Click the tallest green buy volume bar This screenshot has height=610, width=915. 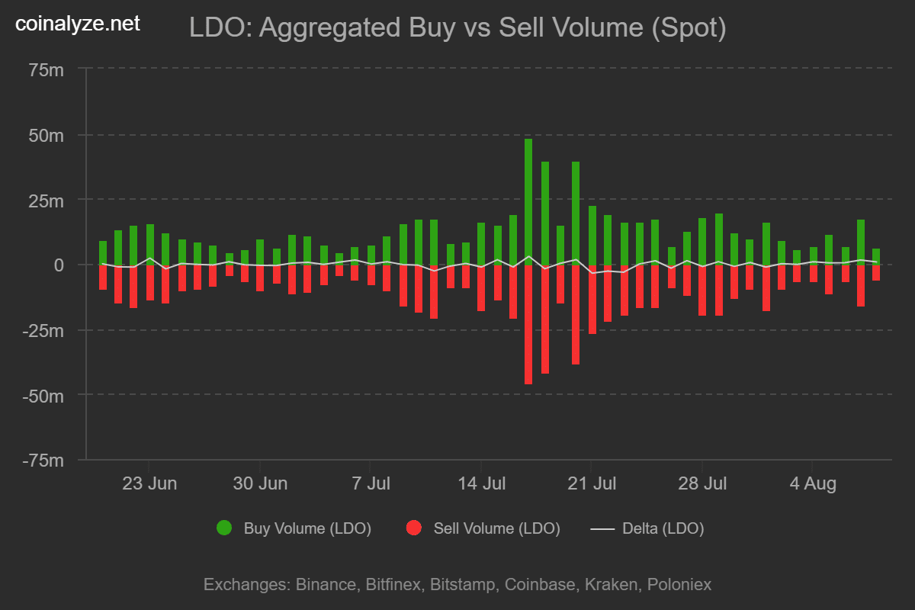click(x=528, y=202)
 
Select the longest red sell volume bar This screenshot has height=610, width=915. click(x=528, y=324)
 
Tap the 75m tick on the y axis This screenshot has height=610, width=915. click(x=47, y=70)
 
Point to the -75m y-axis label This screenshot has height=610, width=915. click(x=43, y=461)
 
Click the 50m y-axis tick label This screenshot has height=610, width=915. click(x=47, y=135)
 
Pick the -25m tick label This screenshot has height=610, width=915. click(x=43, y=330)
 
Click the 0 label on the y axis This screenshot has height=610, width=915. click(x=58, y=265)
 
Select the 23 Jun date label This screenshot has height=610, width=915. click(x=149, y=483)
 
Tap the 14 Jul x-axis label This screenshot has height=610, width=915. click(x=481, y=483)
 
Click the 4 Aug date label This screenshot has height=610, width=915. click(x=813, y=483)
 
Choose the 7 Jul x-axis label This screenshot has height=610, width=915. click(x=370, y=483)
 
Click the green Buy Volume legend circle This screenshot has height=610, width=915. click(x=224, y=528)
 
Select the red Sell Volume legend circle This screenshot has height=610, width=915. click(x=414, y=528)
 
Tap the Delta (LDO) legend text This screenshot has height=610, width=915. click(x=663, y=528)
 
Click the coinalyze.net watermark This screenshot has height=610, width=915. click(x=78, y=24)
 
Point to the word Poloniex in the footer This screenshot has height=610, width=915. click(x=679, y=585)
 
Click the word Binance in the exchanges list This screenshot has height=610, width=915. click(x=325, y=585)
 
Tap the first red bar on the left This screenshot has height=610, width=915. click(x=103, y=277)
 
